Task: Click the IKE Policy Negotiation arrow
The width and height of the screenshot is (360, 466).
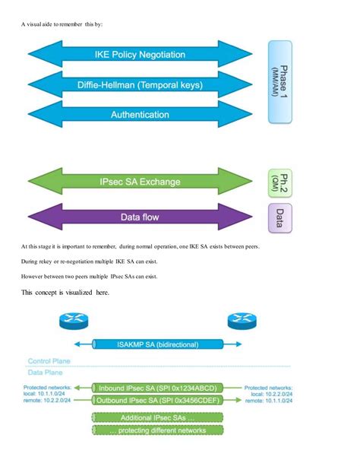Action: click(140, 55)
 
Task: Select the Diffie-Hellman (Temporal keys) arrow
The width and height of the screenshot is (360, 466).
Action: click(140, 85)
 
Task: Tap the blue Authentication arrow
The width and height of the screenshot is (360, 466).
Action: click(140, 115)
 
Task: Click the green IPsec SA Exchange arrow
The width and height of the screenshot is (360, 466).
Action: click(140, 183)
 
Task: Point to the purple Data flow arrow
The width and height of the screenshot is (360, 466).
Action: click(140, 217)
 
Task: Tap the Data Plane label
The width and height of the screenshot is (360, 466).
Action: click(46, 372)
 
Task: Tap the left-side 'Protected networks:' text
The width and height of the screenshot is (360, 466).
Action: click(47, 386)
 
